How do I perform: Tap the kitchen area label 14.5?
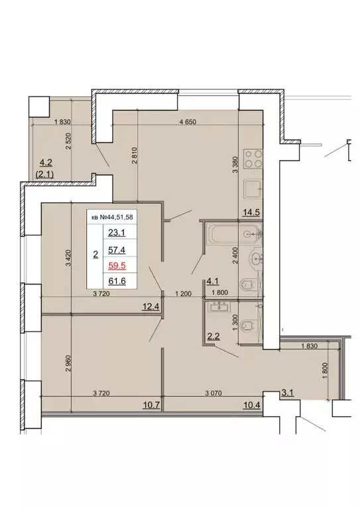click(x=251, y=213)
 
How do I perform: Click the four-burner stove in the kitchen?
click(x=253, y=158)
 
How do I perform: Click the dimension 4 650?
click(x=190, y=122)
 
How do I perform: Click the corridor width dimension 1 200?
click(x=182, y=294)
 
